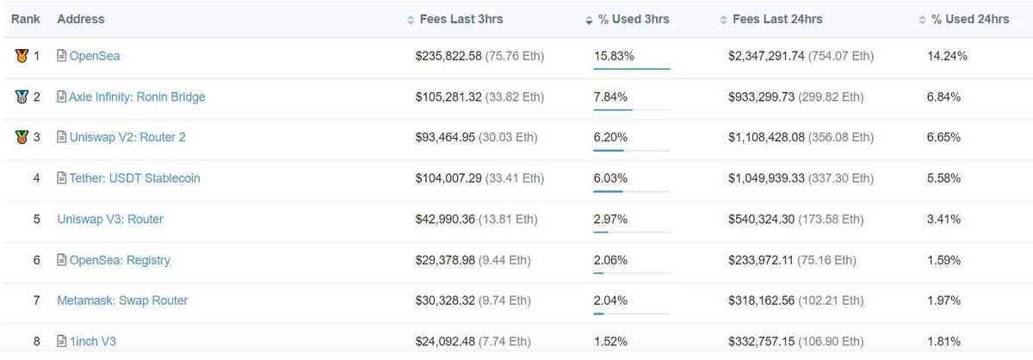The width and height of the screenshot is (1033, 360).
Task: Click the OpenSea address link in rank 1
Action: point(94,56)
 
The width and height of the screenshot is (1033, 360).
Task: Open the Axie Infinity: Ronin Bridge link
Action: point(137,97)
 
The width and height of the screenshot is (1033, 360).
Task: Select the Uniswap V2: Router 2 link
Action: point(127,138)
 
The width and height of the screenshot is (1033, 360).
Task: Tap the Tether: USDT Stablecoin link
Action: point(134,178)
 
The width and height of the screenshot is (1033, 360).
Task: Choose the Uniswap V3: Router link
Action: point(110,219)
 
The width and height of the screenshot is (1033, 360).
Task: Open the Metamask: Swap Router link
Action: point(122,301)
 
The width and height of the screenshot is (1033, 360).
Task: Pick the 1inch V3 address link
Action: point(92,342)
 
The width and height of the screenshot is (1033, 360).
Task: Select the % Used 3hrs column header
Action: point(633,19)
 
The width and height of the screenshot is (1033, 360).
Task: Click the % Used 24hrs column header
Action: point(970,19)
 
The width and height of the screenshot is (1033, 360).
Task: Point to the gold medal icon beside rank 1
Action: point(22,56)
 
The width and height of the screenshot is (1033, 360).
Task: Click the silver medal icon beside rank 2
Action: point(22,97)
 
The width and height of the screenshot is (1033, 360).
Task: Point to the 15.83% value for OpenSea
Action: point(615,56)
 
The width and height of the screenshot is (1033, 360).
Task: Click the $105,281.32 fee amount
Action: point(448,97)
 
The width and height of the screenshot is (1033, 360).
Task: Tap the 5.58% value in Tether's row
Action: point(943,178)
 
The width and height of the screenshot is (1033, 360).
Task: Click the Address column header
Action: point(81,19)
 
